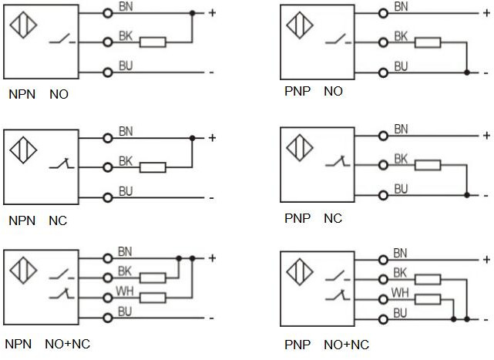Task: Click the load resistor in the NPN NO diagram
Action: (x=153, y=42)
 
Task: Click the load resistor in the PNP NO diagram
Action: (x=428, y=42)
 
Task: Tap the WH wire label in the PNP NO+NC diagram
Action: (x=401, y=293)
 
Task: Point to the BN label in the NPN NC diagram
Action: (x=126, y=132)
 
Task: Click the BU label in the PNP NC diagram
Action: (x=401, y=189)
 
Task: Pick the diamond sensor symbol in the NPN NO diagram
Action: (x=24, y=23)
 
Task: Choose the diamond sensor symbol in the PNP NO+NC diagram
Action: (x=300, y=271)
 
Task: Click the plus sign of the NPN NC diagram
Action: (x=212, y=138)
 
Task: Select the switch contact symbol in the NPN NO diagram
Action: (x=61, y=40)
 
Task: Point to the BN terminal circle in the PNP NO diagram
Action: (x=384, y=13)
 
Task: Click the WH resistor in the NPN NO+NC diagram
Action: (x=153, y=297)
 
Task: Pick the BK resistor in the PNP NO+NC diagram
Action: (x=428, y=281)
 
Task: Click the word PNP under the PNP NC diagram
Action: (x=297, y=219)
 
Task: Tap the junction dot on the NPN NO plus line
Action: (x=192, y=13)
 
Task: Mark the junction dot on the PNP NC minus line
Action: (x=467, y=194)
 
